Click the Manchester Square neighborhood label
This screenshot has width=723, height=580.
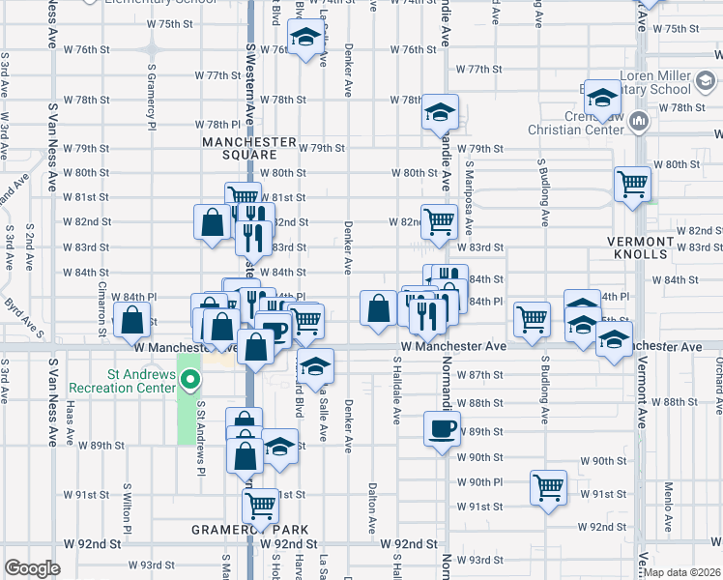coord(248,148)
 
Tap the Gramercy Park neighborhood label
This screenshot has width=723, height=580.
coord(249,530)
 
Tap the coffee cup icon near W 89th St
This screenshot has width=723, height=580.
coord(442,427)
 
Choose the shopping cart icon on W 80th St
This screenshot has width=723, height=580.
coord(632,182)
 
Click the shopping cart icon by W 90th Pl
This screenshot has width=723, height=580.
coord(549,486)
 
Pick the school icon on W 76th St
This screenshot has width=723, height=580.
coord(306,40)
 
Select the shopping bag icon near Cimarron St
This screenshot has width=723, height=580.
coord(133,320)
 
